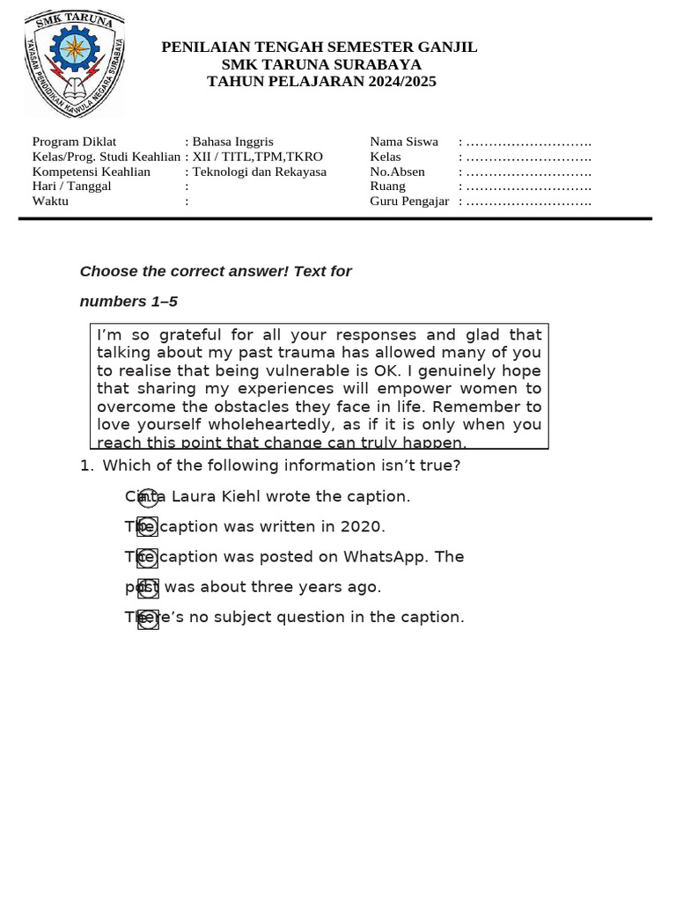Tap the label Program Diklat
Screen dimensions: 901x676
coord(74,142)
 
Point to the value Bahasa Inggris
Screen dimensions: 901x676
coord(233,142)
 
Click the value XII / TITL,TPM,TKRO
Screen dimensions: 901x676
coord(258,157)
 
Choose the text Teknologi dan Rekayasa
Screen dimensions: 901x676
coord(260,172)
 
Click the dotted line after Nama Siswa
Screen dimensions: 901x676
coord(529,142)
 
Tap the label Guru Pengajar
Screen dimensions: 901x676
coord(409,201)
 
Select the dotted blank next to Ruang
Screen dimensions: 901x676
coord(529,187)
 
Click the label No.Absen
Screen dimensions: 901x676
coord(397,172)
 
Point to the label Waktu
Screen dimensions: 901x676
coord(50,201)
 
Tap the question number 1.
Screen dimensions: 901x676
coord(85,466)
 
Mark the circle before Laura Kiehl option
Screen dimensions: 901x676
coord(148,498)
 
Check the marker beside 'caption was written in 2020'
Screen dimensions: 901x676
coord(148,527)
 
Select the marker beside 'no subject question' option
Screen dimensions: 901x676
coord(148,619)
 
